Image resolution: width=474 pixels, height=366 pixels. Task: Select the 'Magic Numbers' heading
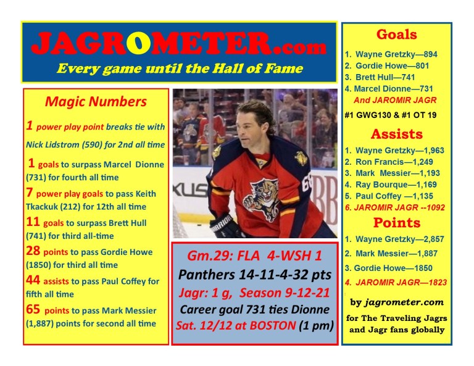[96, 101]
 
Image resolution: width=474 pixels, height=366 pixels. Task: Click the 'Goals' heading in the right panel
[396, 35]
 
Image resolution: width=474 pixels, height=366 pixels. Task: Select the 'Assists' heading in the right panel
[396, 134]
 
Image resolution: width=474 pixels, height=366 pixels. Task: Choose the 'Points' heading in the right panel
[396, 223]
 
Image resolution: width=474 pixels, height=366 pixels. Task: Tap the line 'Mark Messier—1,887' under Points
[394, 254]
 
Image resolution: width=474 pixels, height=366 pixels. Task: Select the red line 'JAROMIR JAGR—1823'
[396, 283]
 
